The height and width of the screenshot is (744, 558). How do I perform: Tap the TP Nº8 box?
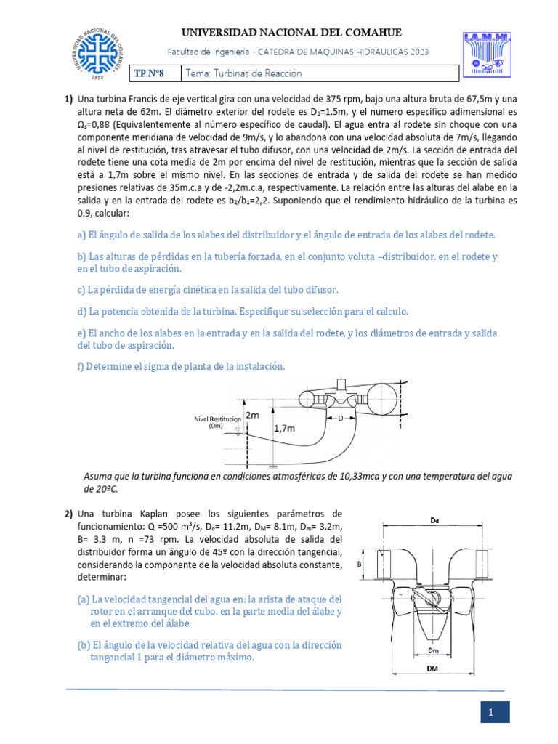click(x=155, y=73)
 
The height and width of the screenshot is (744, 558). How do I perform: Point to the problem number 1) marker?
click(x=68, y=100)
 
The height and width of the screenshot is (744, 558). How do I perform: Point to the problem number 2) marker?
click(x=68, y=514)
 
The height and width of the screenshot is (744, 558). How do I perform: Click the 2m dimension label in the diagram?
click(x=252, y=415)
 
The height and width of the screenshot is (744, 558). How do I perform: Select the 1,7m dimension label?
click(x=285, y=429)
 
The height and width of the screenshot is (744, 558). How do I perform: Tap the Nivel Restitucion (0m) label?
click(x=216, y=423)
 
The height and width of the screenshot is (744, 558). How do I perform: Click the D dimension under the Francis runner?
click(x=339, y=418)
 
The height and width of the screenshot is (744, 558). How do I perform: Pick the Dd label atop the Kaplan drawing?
click(x=434, y=521)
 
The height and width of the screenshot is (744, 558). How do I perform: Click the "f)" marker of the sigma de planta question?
click(x=81, y=367)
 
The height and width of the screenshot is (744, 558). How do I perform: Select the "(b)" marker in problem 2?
click(x=84, y=645)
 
